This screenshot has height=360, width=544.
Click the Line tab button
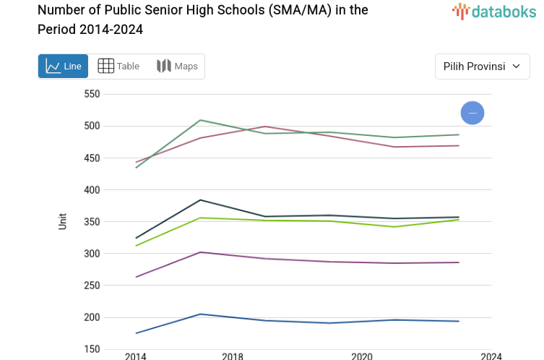[64, 67]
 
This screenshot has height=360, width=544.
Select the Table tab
[118, 67]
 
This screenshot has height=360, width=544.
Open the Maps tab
[177, 67]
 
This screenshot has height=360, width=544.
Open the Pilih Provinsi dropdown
[483, 67]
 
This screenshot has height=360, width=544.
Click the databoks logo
[494, 11]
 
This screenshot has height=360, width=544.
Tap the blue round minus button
[472, 113]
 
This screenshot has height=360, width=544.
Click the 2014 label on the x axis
[135, 356]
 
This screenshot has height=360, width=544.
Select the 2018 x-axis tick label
[233, 356]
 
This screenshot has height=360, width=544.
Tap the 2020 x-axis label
[361, 356]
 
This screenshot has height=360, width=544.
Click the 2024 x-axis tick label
[491, 356]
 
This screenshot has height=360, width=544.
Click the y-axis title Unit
[63, 221]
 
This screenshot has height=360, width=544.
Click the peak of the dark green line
[200, 120]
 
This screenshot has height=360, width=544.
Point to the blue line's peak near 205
[200, 314]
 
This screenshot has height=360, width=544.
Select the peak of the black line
[200, 200]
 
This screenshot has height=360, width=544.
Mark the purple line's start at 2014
[136, 277]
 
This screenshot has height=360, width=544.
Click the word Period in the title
[57, 30]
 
